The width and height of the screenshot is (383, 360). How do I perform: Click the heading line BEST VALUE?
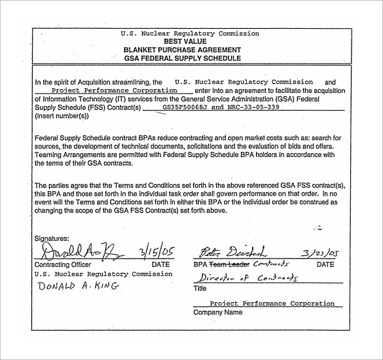(x=189, y=41)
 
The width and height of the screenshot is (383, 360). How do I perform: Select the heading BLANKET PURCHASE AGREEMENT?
(x=189, y=50)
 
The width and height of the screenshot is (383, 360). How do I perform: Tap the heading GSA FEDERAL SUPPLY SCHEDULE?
(x=189, y=58)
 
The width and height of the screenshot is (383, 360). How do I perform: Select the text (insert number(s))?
(x=60, y=115)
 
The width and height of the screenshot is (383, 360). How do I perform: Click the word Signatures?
(x=51, y=239)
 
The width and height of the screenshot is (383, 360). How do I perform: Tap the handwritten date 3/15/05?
(x=157, y=253)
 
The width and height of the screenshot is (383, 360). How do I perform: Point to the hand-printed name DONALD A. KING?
(x=77, y=287)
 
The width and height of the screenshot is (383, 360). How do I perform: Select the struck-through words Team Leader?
(x=229, y=264)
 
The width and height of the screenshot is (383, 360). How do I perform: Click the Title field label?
(x=200, y=288)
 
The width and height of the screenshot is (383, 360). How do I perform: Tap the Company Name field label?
(x=217, y=313)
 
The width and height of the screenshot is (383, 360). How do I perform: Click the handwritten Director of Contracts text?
(x=247, y=278)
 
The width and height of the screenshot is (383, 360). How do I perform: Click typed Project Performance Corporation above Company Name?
(x=272, y=304)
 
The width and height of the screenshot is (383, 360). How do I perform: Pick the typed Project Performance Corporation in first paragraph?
(x=114, y=90)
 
